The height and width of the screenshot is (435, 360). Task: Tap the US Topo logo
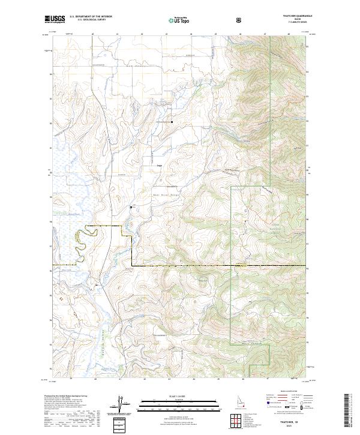click(x=175, y=20)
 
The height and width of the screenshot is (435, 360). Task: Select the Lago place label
click(x=160, y=167)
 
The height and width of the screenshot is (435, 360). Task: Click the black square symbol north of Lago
click(x=172, y=122)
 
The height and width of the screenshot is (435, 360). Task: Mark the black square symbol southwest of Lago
click(x=131, y=208)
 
